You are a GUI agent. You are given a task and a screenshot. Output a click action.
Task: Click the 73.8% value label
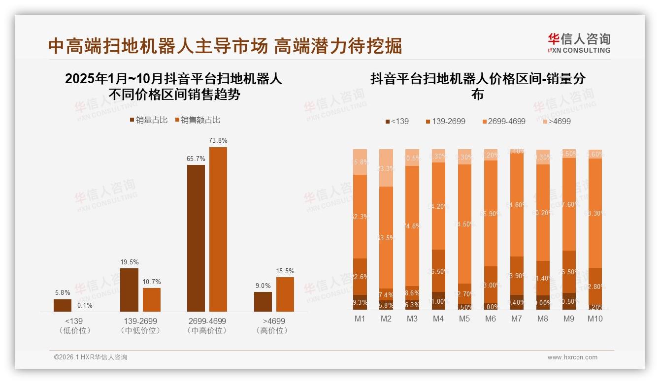[218, 140]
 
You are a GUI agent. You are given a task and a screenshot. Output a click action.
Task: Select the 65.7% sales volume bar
[196, 238]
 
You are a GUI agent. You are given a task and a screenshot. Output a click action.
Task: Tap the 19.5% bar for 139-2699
[129, 289]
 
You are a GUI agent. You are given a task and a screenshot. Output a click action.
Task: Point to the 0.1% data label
[85, 305]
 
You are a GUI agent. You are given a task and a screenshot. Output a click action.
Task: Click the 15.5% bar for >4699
[285, 294]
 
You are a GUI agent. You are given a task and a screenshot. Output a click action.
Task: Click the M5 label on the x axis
[464, 319]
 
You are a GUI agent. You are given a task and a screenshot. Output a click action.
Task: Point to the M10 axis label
[595, 319]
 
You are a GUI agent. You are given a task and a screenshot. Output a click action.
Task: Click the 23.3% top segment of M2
[386, 168]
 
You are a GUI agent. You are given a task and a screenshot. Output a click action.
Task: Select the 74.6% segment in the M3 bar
[412, 226]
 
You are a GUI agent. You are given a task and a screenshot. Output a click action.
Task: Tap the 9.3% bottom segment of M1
[360, 302]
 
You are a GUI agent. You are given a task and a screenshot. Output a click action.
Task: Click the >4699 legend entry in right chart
[556, 121]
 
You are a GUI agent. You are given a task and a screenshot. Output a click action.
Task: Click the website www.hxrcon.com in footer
[572, 357]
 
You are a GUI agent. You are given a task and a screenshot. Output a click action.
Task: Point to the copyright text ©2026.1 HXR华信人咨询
[91, 357]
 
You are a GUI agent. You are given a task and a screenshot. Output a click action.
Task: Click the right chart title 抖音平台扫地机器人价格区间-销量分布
[477, 86]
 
